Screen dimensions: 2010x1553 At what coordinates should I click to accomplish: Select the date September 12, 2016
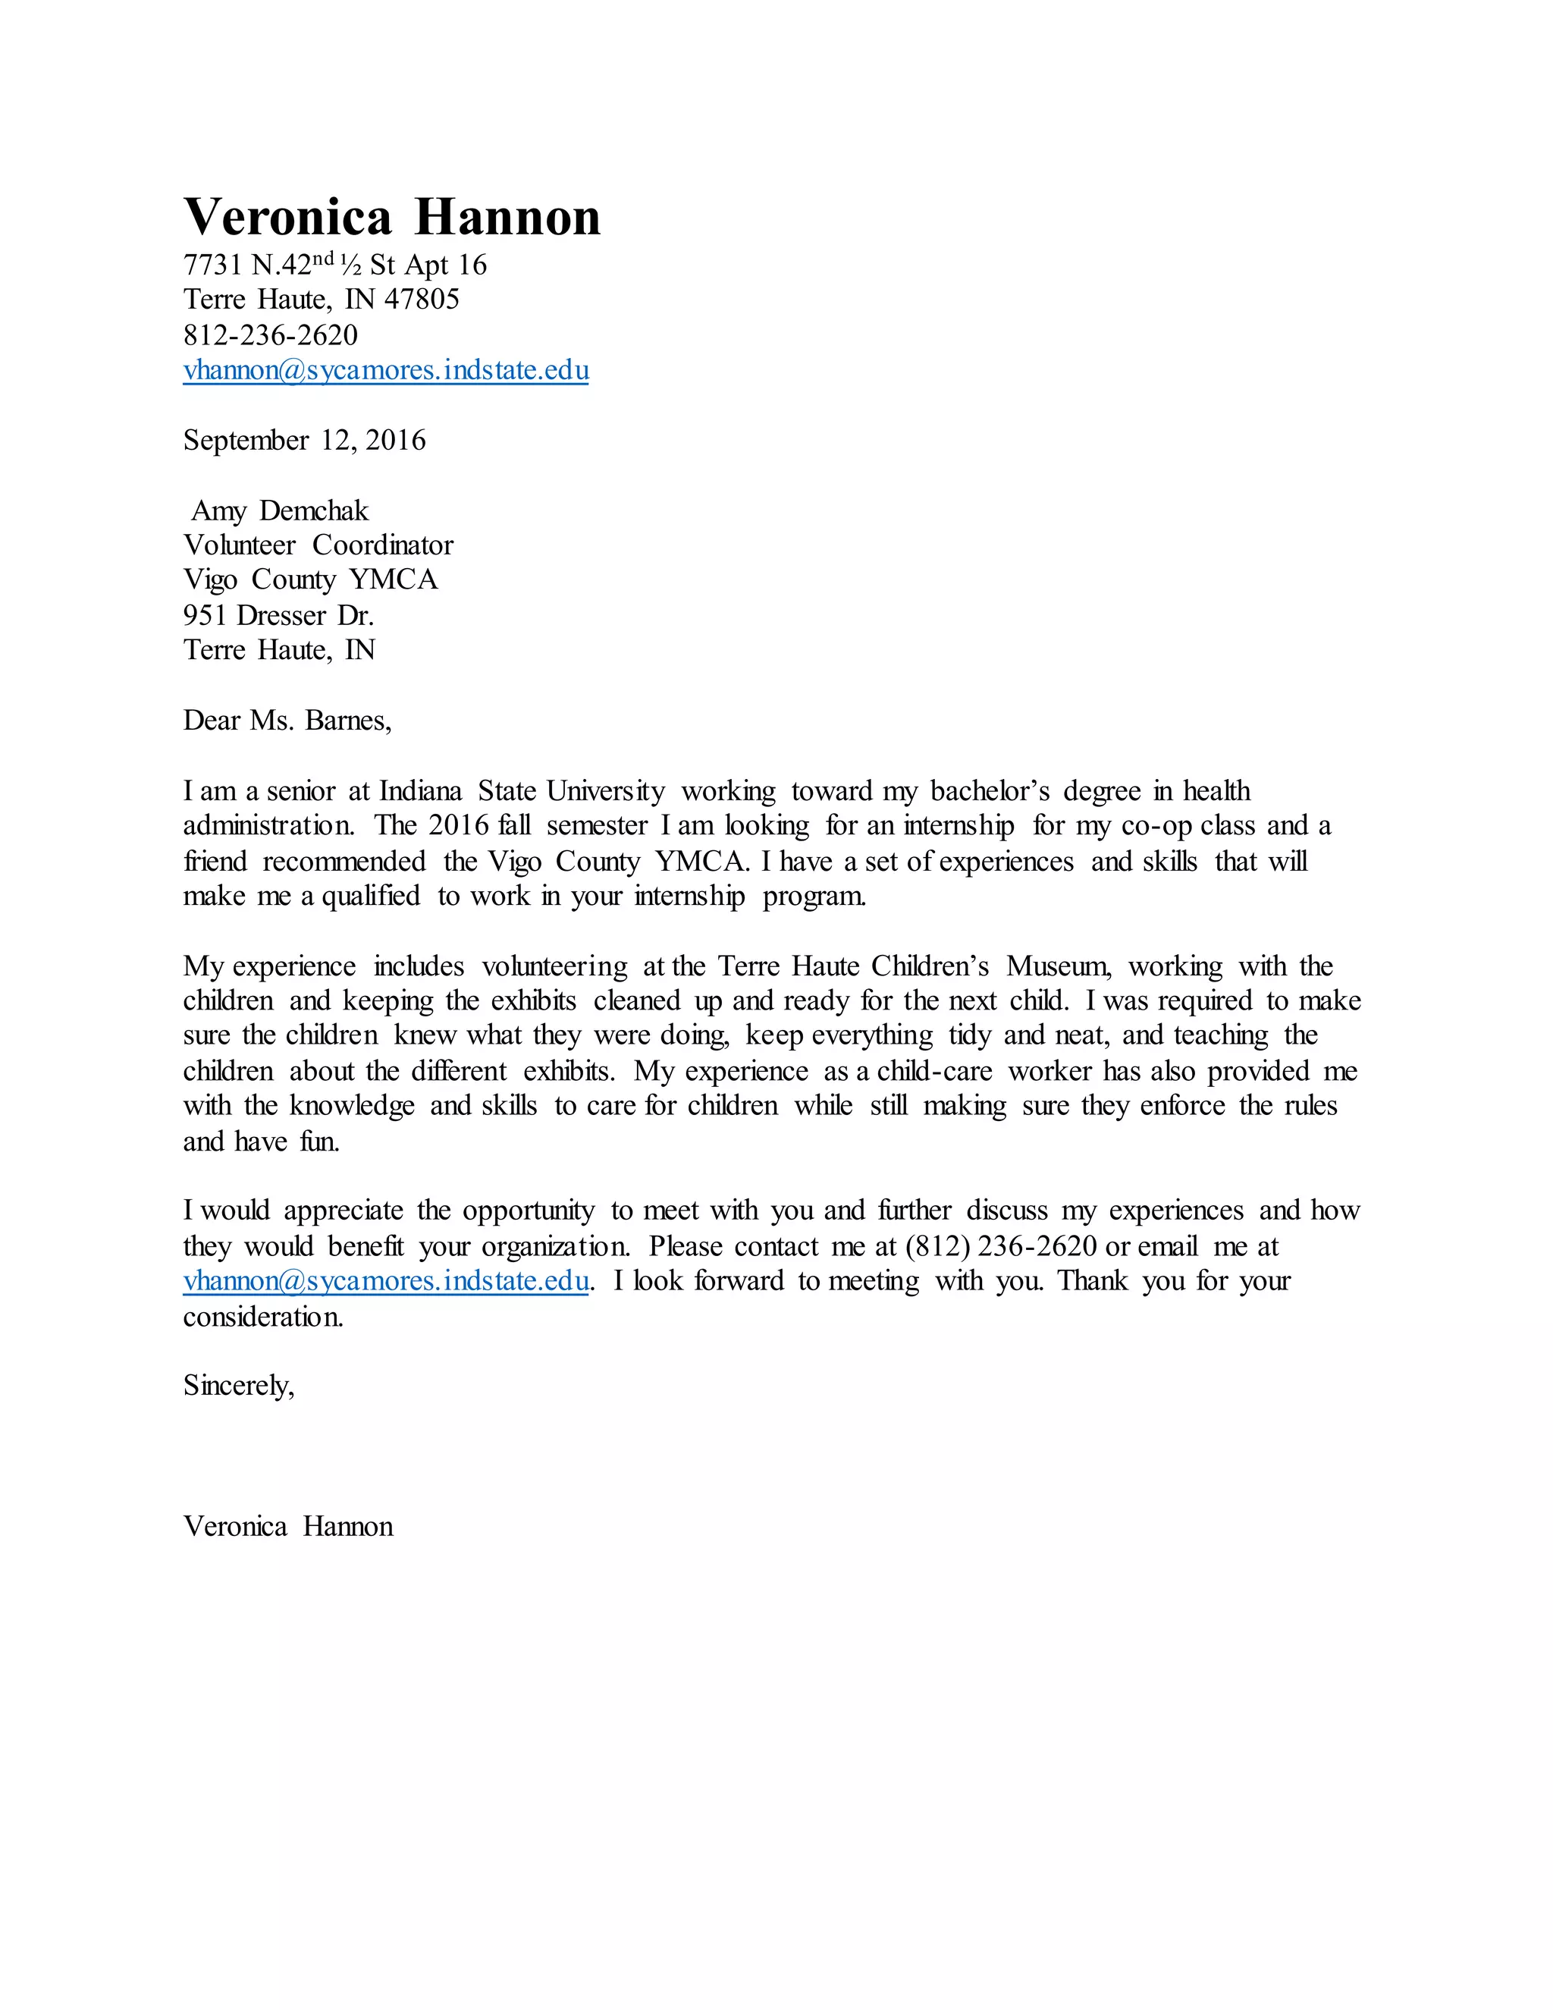(x=305, y=440)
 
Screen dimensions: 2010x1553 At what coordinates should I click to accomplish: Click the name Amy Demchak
(x=280, y=510)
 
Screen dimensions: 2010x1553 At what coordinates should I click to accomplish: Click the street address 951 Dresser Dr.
(x=279, y=615)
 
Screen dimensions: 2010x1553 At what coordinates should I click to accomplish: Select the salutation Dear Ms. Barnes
(x=287, y=720)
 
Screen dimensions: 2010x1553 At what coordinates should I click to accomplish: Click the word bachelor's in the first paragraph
(x=989, y=791)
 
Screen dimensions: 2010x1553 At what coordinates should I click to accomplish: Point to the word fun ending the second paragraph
(x=318, y=1142)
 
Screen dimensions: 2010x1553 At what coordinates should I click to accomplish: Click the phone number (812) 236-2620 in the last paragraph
(x=1001, y=1246)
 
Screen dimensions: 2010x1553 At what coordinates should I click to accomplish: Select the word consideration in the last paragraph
(x=262, y=1317)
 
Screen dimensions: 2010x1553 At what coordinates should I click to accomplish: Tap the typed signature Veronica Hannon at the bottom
(x=288, y=1527)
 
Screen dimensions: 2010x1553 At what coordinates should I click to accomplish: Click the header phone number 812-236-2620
(x=271, y=335)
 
